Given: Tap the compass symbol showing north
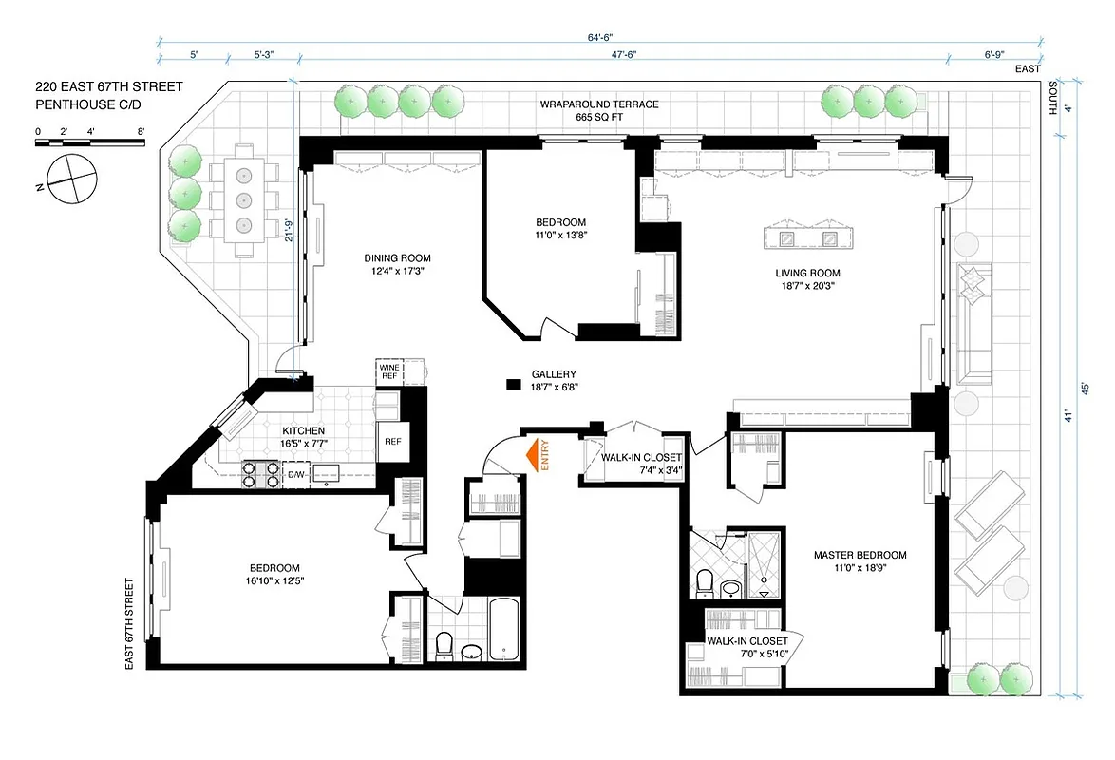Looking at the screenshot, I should [69, 178].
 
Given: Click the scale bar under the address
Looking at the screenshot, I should [90, 142].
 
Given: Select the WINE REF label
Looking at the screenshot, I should [389, 371].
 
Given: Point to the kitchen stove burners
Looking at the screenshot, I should [260, 473].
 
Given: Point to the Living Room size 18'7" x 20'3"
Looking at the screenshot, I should [807, 286].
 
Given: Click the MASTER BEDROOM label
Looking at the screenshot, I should [860, 556].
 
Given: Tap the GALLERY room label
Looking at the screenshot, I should [554, 374].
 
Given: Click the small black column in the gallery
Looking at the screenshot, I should [514, 384].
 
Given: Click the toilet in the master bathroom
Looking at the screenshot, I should [705, 582].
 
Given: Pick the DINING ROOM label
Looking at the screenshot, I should [397, 258].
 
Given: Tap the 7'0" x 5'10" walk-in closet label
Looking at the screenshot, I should [746, 654].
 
